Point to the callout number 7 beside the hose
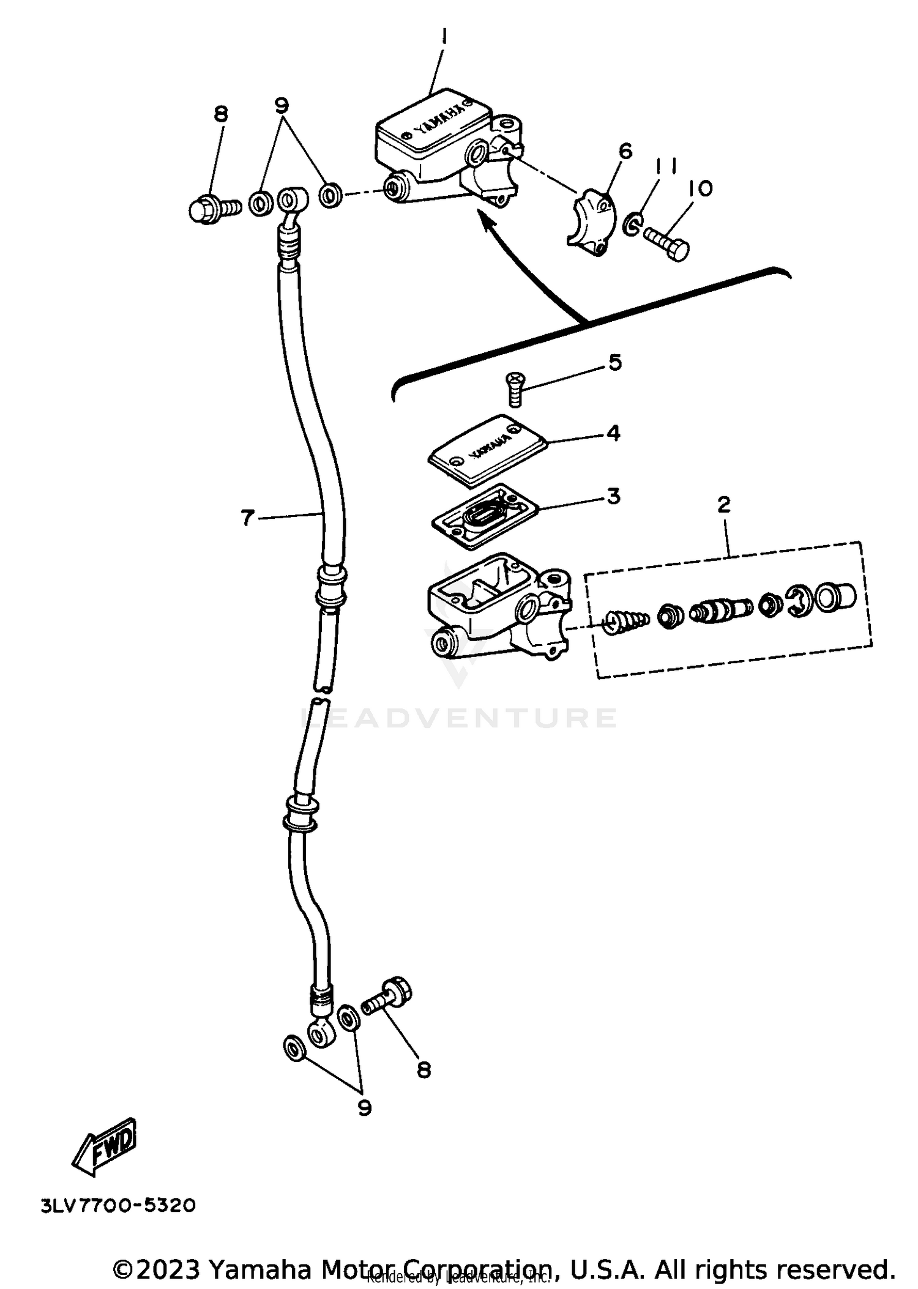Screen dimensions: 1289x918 click(247, 518)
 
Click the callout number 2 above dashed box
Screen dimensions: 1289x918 click(723, 505)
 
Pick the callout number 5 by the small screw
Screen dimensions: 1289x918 click(615, 362)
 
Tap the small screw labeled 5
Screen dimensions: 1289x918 click(515, 389)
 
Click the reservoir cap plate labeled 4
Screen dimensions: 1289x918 click(487, 451)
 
